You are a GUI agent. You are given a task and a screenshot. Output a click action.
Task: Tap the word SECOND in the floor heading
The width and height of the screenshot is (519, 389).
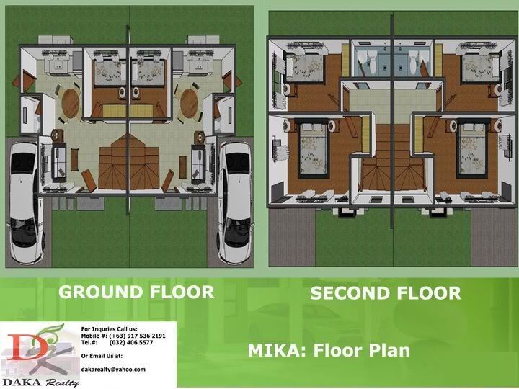click(x=350, y=293)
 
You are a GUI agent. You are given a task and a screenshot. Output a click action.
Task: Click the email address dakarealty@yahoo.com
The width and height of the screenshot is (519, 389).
click(x=113, y=370)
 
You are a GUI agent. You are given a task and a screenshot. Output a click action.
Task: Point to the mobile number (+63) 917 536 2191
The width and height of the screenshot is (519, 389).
click(x=137, y=336)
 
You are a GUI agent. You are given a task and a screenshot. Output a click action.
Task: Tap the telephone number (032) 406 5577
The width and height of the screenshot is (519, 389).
click(x=131, y=342)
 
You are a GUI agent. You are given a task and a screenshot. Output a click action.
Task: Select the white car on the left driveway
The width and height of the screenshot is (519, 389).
click(x=26, y=202)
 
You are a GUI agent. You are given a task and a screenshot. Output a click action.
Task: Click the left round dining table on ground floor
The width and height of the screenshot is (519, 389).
click(x=71, y=103)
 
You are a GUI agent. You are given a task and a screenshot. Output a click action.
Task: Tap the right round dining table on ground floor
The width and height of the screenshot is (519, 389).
click(x=189, y=103)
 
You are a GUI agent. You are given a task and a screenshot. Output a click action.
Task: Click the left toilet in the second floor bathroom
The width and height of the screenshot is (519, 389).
click(x=373, y=62)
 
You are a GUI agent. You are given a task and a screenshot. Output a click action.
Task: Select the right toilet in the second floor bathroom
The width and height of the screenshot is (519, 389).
click(x=414, y=62)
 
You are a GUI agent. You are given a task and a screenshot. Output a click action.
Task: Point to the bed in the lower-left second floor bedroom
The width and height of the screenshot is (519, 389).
click(x=313, y=148)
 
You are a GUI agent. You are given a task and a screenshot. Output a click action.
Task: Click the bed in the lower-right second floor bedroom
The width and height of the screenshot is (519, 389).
click(x=472, y=148)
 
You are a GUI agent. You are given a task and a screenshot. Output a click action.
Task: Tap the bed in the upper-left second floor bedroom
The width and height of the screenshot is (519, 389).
click(x=304, y=68)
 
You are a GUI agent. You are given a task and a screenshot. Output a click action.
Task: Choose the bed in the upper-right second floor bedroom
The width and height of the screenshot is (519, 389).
click(x=481, y=68)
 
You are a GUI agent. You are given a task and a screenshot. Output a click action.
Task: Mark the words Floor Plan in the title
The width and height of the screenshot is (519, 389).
click(x=361, y=351)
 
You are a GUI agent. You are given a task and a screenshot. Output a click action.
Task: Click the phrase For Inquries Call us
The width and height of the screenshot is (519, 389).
click(x=110, y=329)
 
